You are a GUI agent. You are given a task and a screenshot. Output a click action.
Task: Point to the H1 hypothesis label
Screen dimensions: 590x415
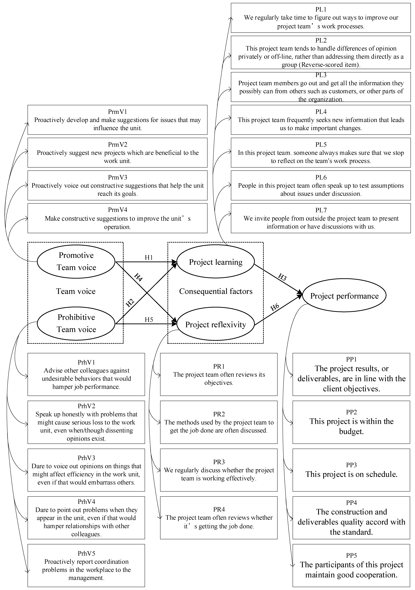149,257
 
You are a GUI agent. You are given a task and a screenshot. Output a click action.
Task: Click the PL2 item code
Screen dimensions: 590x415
321,40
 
